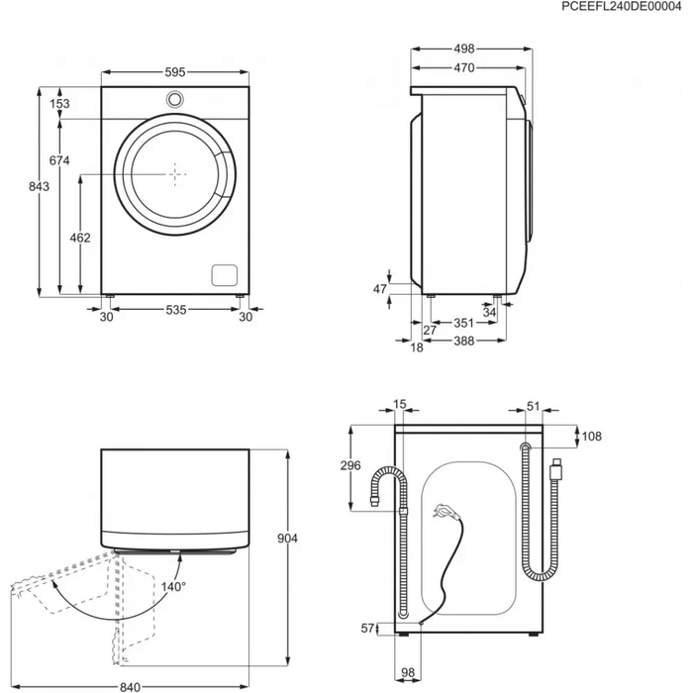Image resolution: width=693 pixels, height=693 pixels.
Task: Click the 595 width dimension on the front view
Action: (x=175, y=72)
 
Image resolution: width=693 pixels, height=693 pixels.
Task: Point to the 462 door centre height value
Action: (x=81, y=238)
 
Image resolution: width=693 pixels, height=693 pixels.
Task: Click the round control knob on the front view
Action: (x=175, y=99)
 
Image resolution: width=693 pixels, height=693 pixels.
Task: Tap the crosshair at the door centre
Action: (x=175, y=173)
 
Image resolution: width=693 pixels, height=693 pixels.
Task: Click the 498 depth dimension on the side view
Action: (x=465, y=48)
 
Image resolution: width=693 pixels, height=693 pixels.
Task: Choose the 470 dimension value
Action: (x=463, y=67)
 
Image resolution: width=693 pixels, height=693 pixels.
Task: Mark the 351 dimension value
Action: (x=461, y=322)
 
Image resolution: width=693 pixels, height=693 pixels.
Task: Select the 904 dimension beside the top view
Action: (x=287, y=538)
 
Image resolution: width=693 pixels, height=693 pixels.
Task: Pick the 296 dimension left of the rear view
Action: (x=347, y=467)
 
